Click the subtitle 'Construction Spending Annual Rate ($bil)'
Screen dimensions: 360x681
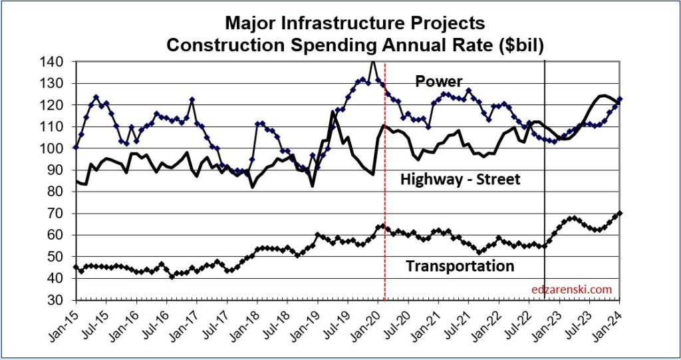click(355, 45)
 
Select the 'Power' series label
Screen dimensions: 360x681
click(438, 81)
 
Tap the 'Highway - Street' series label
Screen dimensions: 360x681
click(460, 179)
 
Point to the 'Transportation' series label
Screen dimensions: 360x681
click(460, 266)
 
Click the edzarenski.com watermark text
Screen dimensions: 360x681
click(572, 289)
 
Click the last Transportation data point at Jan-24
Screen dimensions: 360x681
click(620, 214)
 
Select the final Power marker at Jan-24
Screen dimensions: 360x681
click(620, 99)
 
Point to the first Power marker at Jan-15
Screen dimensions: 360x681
click(76, 147)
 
